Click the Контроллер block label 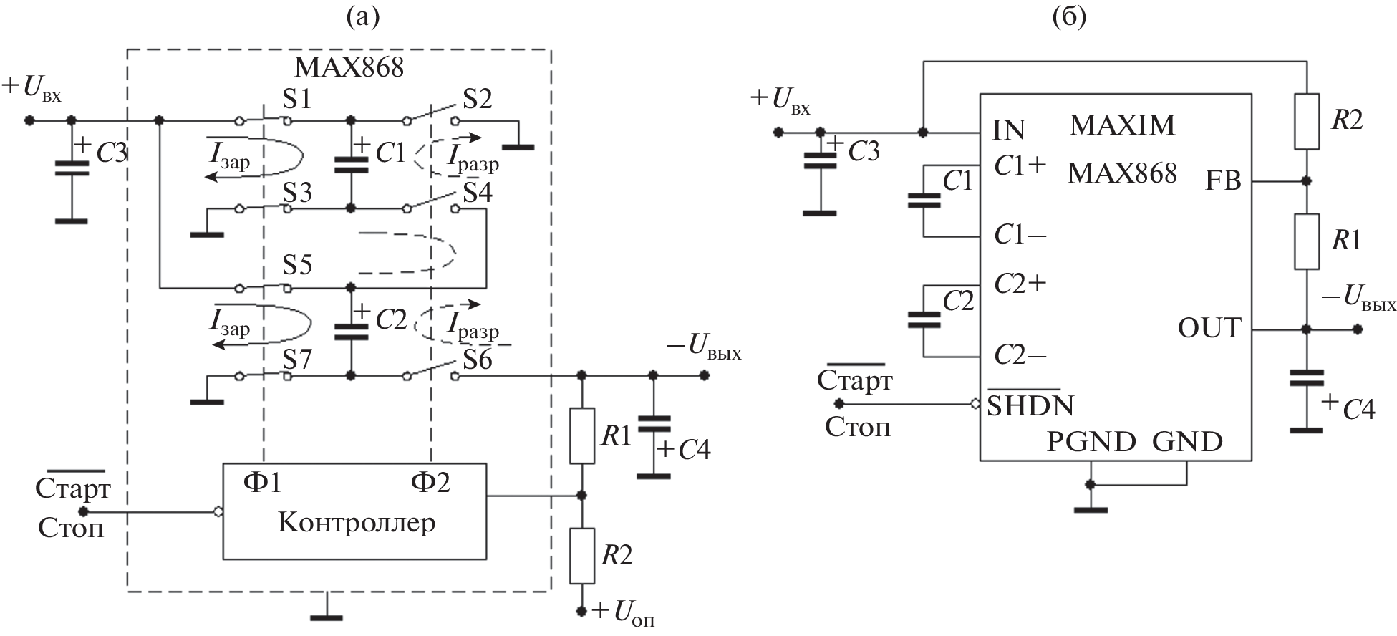point(356,524)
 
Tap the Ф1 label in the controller point(262,483)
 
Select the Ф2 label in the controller point(430,483)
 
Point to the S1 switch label point(296,99)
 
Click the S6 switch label point(477,360)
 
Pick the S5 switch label point(296,265)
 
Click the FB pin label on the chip point(1223,181)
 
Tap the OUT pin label point(1209,328)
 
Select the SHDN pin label point(1030,406)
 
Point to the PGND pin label point(1091,442)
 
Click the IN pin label point(1010,130)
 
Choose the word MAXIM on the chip point(1122,125)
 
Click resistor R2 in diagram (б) point(1307,120)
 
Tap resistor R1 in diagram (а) point(581,435)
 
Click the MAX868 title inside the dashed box point(349,67)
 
